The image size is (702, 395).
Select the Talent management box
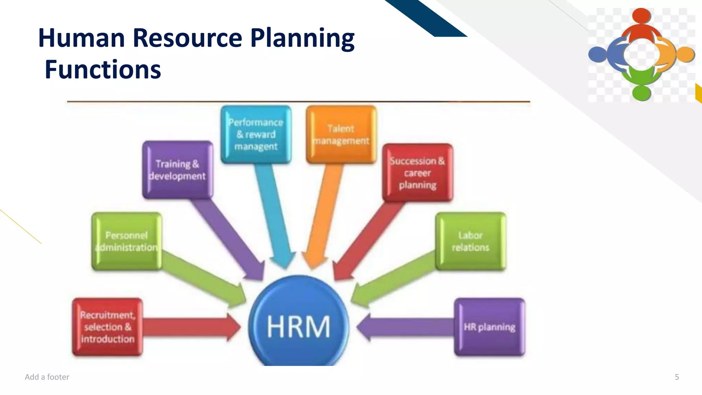(x=341, y=134)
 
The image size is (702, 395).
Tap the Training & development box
(x=178, y=170)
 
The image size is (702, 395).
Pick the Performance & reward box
(x=256, y=134)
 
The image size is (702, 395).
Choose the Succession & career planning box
(x=417, y=172)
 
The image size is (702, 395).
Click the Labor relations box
(x=471, y=241)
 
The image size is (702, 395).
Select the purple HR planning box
(x=489, y=327)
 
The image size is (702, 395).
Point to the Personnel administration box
(x=127, y=241)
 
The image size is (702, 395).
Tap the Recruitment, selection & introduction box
(x=108, y=327)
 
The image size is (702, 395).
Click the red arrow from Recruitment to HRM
(x=192, y=327)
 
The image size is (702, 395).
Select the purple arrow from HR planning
(x=404, y=327)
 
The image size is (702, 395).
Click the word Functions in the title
(x=103, y=70)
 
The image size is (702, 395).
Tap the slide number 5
(x=677, y=377)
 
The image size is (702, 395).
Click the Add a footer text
(x=47, y=377)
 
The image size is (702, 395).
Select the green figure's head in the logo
(x=641, y=93)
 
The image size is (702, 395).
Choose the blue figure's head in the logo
(x=597, y=54)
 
